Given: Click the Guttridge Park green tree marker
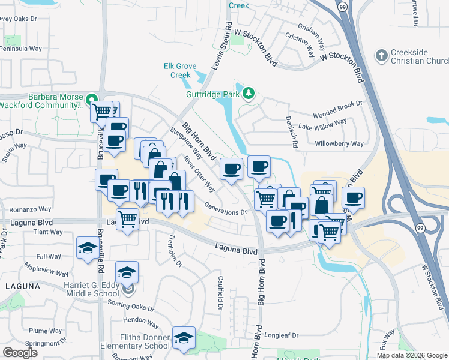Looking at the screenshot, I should pyautogui.click(x=248, y=93).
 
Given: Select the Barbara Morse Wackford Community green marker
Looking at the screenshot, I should pyautogui.click(x=91, y=99).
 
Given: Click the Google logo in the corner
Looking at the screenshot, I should pyautogui.click(x=20, y=353).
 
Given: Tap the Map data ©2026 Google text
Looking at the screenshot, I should pyautogui.click(x=411, y=355).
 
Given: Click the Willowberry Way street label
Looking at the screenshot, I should pyautogui.click(x=339, y=144).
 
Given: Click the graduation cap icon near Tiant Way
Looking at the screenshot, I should pyautogui.click(x=88, y=248).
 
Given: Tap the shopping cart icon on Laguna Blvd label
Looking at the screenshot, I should pyautogui.click(x=127, y=220).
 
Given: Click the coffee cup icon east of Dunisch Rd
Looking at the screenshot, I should pyautogui.click(x=354, y=197).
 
